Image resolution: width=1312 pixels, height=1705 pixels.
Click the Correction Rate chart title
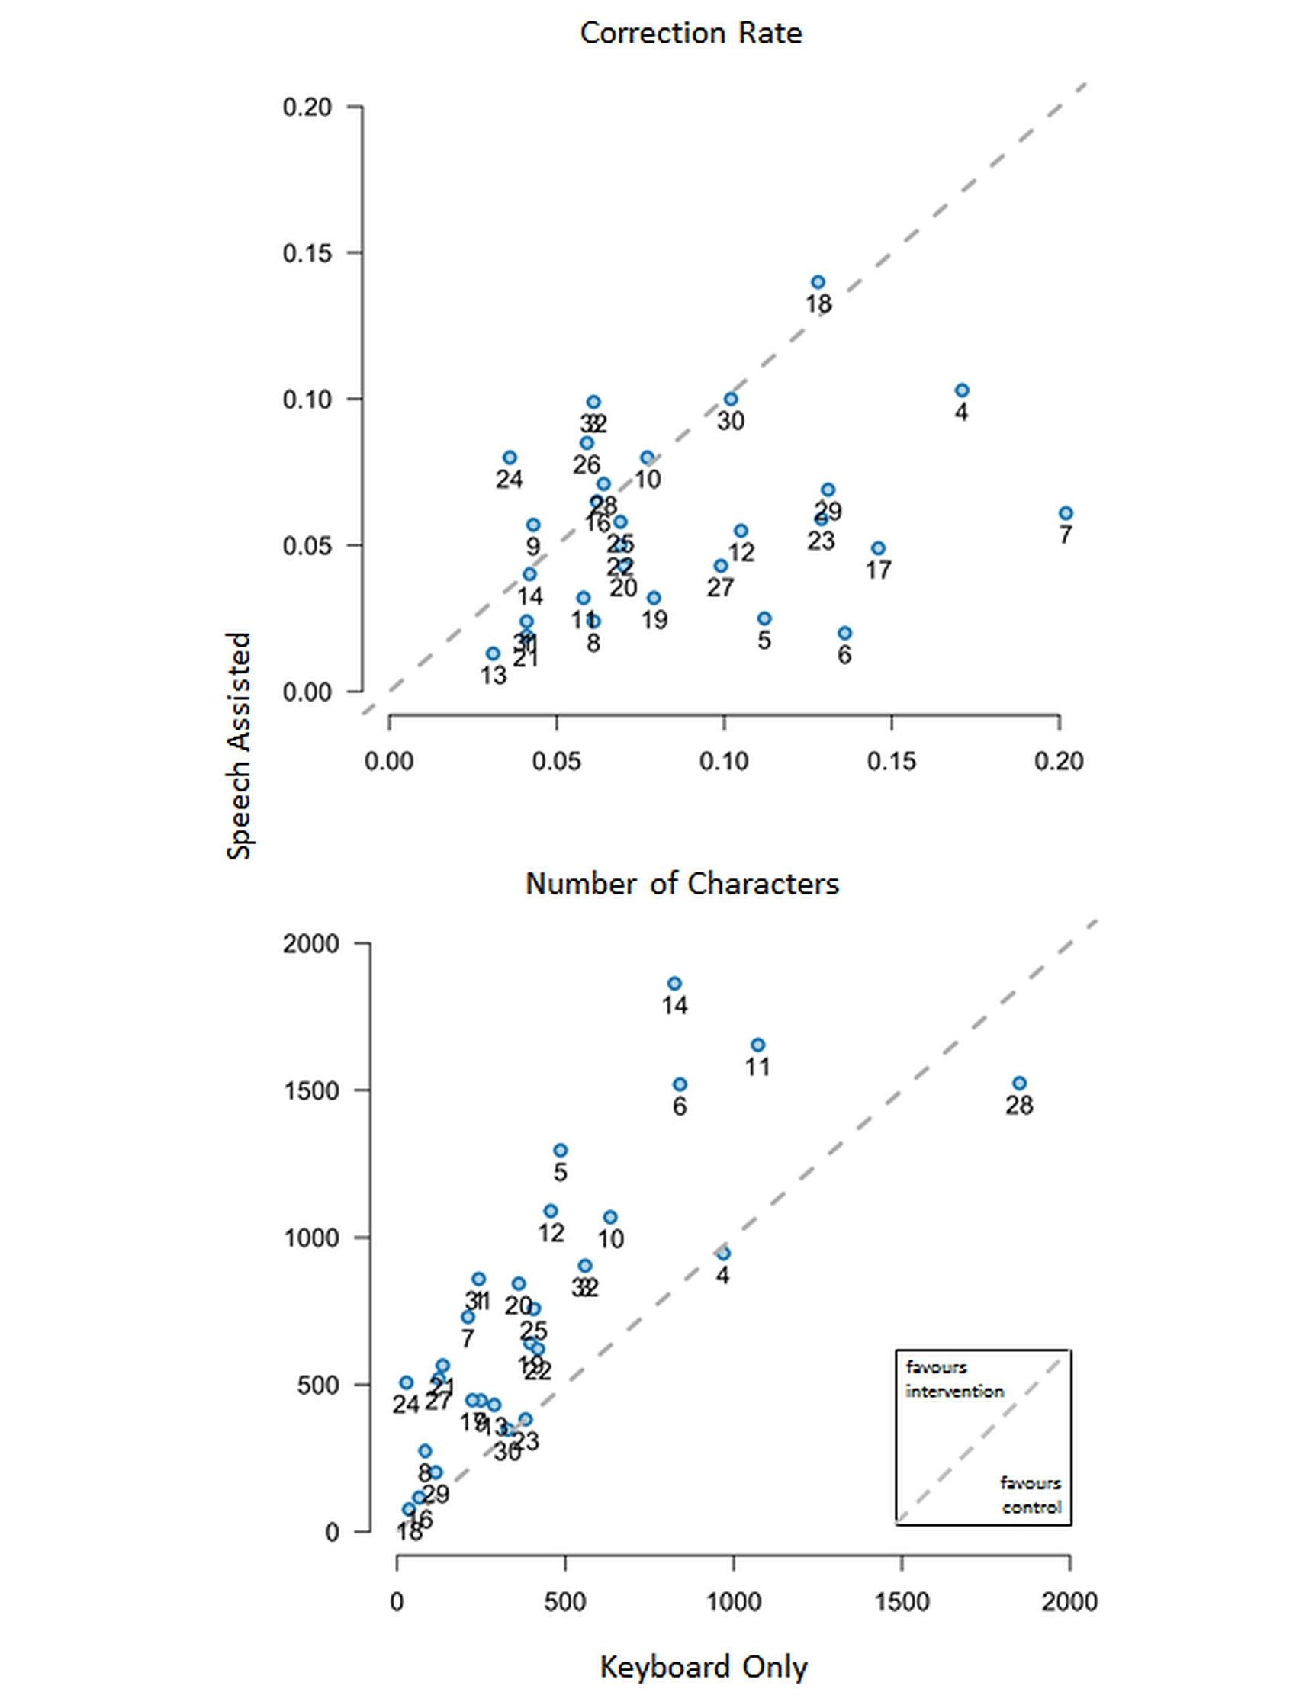(x=690, y=33)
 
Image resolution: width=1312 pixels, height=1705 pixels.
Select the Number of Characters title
(x=682, y=884)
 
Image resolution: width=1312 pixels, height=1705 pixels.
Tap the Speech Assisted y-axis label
(x=239, y=746)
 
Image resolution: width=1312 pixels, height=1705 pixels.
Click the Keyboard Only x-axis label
(x=703, y=1667)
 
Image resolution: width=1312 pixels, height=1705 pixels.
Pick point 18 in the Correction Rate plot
(x=818, y=283)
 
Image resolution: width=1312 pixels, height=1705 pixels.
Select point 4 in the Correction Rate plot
(x=962, y=390)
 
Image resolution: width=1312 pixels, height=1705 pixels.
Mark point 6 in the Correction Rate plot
(x=844, y=633)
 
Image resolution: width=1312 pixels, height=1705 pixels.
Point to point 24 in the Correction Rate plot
(x=510, y=458)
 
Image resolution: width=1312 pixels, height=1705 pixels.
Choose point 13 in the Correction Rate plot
(x=493, y=653)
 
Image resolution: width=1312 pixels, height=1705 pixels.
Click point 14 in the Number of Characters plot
(x=675, y=984)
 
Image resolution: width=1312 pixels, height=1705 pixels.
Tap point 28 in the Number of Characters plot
(x=1019, y=1084)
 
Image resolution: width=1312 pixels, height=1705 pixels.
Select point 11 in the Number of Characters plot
(x=757, y=1045)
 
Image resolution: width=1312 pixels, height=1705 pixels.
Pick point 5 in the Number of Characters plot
(x=560, y=1151)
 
